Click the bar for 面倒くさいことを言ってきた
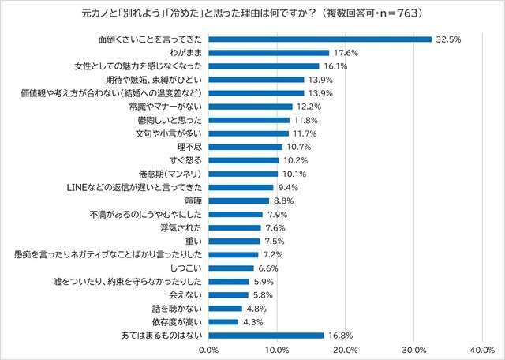320,39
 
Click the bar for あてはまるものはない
266,336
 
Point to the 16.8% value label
340,336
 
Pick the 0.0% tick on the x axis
209,349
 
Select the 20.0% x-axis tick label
345,349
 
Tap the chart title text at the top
252,13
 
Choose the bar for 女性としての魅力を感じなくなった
264,66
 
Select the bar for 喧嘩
239,201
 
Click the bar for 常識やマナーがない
250,107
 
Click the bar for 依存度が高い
223,322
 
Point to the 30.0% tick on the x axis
413,349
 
